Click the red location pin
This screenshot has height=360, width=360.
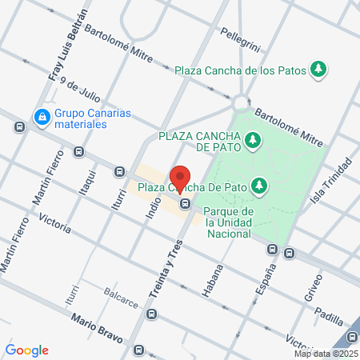[181, 178]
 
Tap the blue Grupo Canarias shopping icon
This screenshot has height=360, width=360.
[41, 118]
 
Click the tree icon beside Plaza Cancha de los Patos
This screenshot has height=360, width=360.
[318, 70]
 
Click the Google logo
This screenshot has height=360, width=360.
[27, 350]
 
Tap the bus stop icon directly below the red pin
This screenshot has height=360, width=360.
[185, 203]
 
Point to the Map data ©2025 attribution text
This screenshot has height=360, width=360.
[325, 354]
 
